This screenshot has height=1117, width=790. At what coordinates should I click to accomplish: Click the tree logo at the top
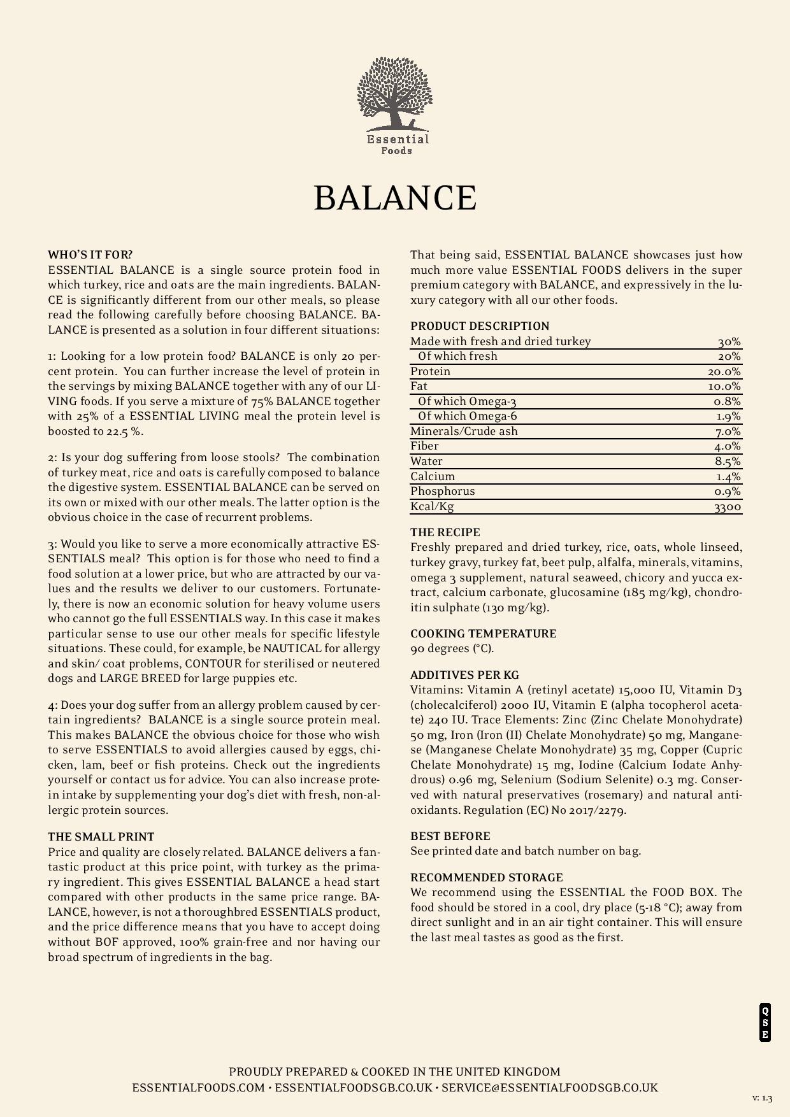(395, 105)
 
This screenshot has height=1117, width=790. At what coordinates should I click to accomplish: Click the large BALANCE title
(395, 197)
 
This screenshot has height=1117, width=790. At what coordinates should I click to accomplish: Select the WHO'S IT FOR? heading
(90, 255)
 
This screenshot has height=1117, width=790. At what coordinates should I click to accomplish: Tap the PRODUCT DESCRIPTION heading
(480, 326)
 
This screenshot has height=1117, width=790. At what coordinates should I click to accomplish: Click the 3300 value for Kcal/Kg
(728, 507)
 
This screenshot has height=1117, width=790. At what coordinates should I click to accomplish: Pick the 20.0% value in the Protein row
(724, 372)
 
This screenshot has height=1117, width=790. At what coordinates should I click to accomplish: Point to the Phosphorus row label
(443, 491)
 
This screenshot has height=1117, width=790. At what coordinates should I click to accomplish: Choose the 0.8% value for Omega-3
(727, 402)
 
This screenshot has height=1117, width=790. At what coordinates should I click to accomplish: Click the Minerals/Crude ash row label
(464, 431)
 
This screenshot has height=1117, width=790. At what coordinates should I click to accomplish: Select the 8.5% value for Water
(728, 462)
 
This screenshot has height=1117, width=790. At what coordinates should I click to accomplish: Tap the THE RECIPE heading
(445, 532)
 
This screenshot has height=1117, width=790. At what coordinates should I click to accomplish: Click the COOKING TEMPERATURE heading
(484, 634)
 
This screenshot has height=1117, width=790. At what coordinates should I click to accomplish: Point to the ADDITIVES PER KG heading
(464, 675)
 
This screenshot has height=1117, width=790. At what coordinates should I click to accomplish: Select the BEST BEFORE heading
(450, 836)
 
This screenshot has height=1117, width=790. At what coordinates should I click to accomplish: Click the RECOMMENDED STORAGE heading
(487, 878)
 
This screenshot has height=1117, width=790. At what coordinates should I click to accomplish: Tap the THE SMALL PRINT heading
(101, 837)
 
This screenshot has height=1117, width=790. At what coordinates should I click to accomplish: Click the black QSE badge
(765, 1022)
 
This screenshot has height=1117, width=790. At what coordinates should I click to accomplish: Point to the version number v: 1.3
(762, 1098)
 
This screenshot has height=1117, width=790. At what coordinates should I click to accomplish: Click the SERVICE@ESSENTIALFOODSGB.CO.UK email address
(549, 1088)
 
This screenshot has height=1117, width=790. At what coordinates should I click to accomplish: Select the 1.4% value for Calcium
(728, 477)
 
